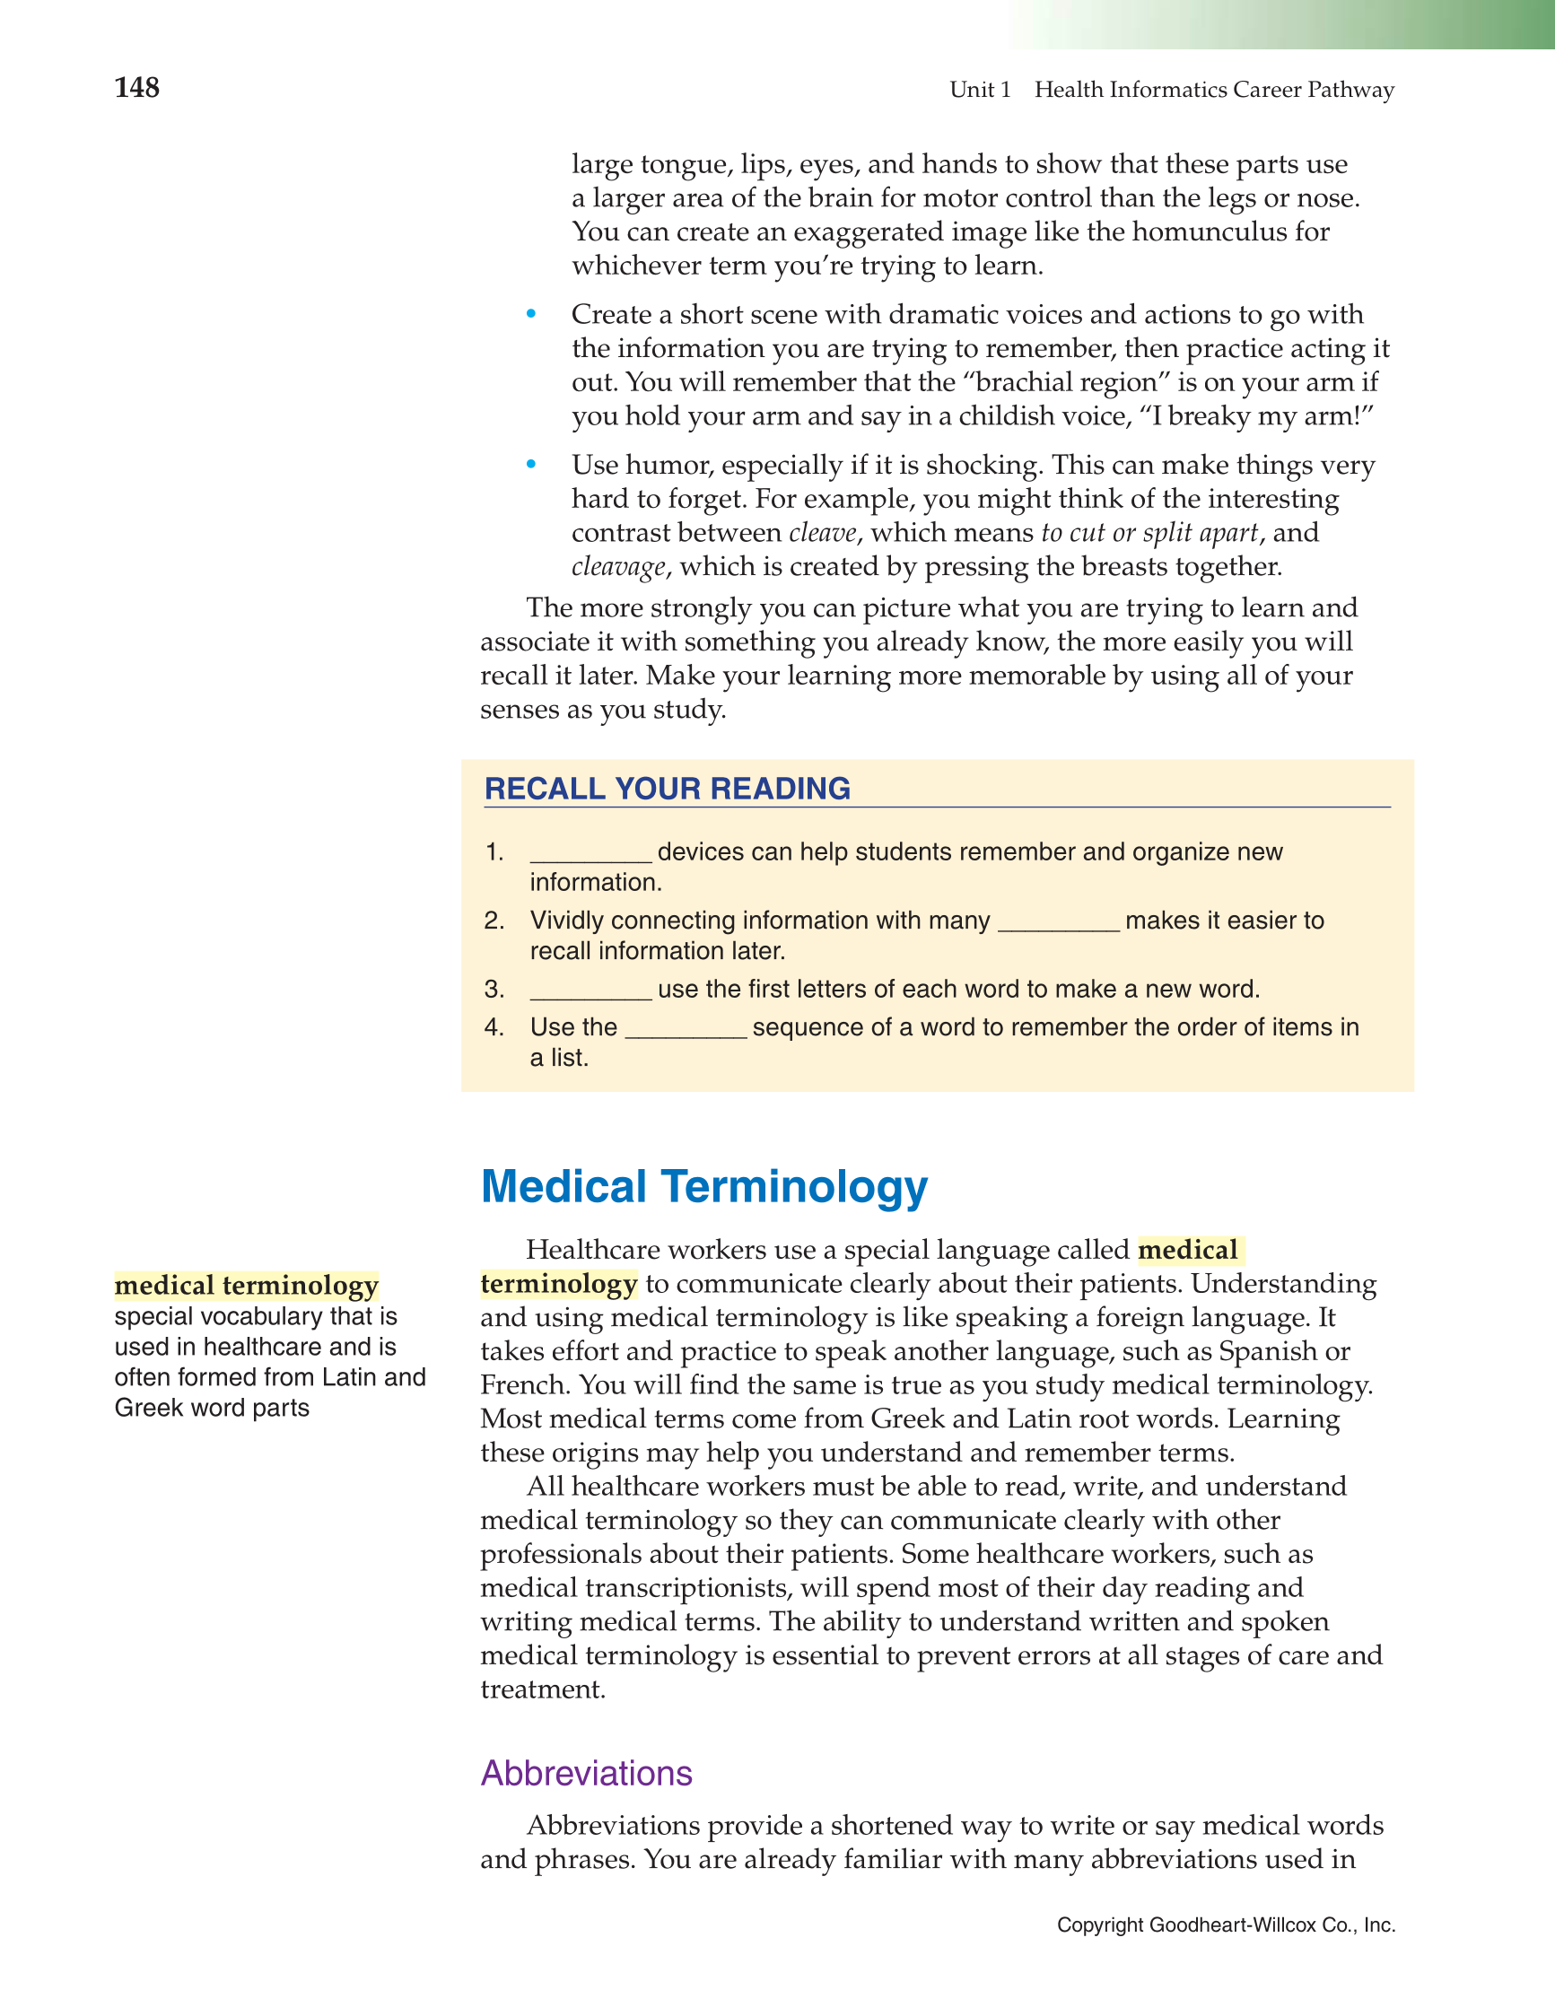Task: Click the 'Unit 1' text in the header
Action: pyautogui.click(x=980, y=90)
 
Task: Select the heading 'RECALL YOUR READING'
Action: pyautogui.click(x=668, y=788)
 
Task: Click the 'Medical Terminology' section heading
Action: pyautogui.click(x=703, y=1186)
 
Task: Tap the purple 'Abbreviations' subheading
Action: pyautogui.click(x=586, y=1773)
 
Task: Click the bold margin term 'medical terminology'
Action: pyautogui.click(x=246, y=1285)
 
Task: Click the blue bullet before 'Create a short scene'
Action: pyautogui.click(x=531, y=314)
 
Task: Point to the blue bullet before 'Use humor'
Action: pyautogui.click(x=531, y=465)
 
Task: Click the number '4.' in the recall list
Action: pyautogui.click(x=494, y=1027)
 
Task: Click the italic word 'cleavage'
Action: pyautogui.click(x=618, y=567)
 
